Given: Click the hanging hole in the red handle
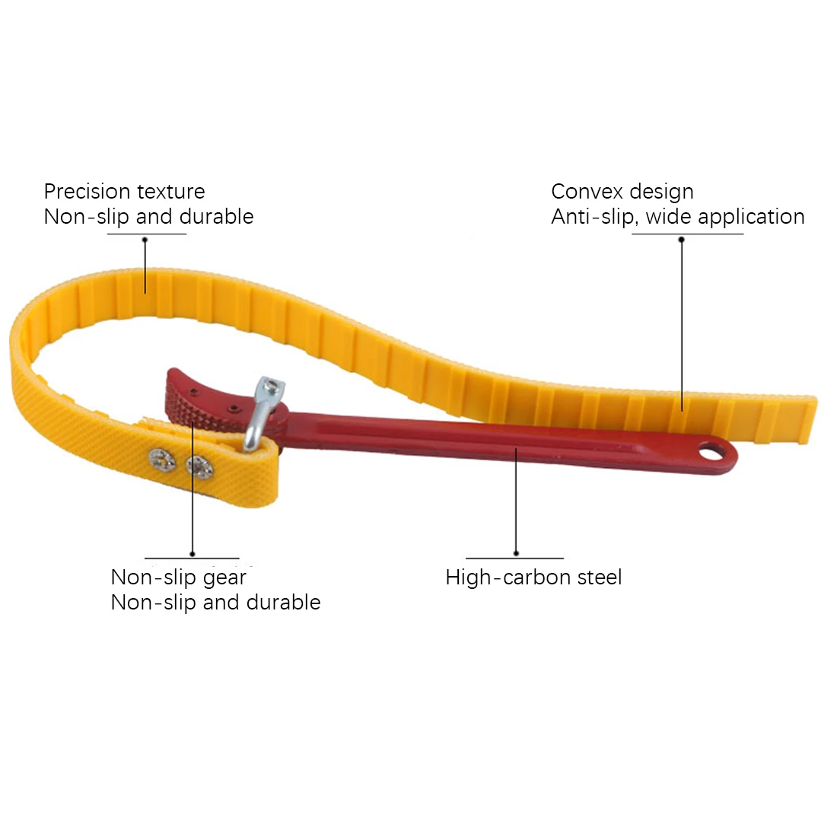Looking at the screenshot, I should click(x=714, y=454).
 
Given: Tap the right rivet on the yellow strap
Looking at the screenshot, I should click(x=199, y=465).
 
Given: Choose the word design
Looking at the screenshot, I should click(x=662, y=193).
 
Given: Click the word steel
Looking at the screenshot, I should click(x=599, y=578).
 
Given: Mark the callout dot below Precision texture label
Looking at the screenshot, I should click(x=145, y=240).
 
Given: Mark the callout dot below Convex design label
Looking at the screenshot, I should click(x=682, y=240).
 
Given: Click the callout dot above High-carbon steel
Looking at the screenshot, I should click(x=516, y=553).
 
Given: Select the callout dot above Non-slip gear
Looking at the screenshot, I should click(x=193, y=554).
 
